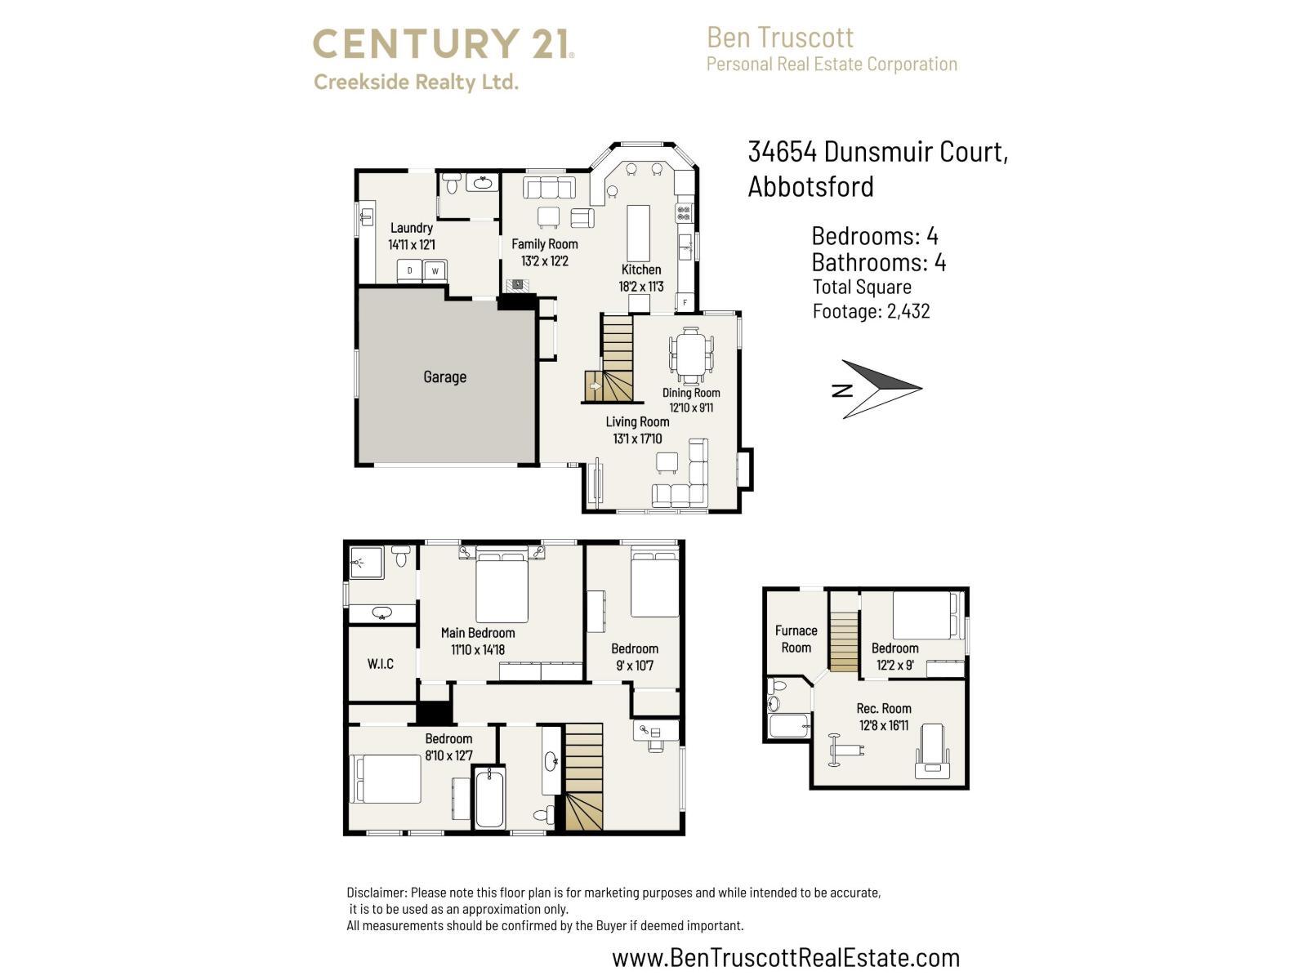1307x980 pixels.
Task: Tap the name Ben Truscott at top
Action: pyautogui.click(x=780, y=38)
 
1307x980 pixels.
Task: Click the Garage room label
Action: pyautogui.click(x=444, y=376)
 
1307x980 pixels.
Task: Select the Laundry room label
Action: pyautogui.click(x=411, y=228)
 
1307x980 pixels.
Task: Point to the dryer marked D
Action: pyautogui.click(x=410, y=270)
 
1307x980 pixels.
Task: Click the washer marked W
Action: pyautogui.click(x=435, y=270)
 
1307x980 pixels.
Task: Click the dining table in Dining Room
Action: pyautogui.click(x=691, y=354)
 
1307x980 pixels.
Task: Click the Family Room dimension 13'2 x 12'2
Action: pyautogui.click(x=544, y=261)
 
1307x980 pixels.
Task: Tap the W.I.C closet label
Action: pyautogui.click(x=380, y=664)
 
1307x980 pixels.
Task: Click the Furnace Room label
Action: pyautogui.click(x=796, y=639)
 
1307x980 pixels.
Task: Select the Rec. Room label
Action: pyautogui.click(x=884, y=708)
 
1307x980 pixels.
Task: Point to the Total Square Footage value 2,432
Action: pyautogui.click(x=908, y=311)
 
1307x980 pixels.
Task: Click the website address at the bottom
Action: pyautogui.click(x=785, y=957)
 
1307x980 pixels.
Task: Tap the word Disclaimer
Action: pyautogui.click(x=377, y=893)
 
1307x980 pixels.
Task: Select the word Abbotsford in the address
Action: pyautogui.click(x=810, y=186)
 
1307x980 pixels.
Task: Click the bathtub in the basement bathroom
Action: pyautogui.click(x=788, y=727)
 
